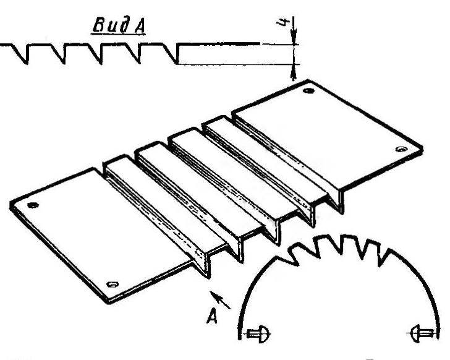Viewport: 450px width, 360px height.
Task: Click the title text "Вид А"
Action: click(119, 25)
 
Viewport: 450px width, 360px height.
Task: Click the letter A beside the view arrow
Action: click(212, 315)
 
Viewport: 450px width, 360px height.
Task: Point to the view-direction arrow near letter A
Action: click(220, 300)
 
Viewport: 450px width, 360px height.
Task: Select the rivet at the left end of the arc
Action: click(258, 334)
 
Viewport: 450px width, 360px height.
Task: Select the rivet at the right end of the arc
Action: click(422, 333)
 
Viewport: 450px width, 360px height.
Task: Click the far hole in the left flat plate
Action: click(33, 205)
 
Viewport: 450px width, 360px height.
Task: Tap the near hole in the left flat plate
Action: click(112, 284)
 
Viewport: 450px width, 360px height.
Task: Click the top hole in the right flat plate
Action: click(308, 91)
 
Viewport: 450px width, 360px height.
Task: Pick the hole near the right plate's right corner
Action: click(401, 149)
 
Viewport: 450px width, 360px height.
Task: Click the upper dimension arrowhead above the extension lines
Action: click(293, 36)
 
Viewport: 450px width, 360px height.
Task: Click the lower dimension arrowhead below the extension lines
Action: click(293, 72)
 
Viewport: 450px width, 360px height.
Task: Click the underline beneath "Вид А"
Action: click(118, 35)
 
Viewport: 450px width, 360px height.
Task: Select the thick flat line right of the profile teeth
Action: click(219, 44)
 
